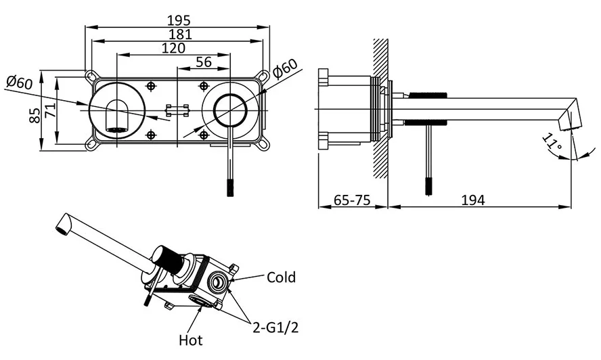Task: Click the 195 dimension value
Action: [177, 21]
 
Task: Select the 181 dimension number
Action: [177, 34]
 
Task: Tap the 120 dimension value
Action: [175, 47]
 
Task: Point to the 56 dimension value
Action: [203, 62]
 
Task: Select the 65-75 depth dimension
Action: [352, 200]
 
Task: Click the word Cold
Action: [281, 277]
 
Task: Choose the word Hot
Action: [190, 340]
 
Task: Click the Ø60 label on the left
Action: [20, 83]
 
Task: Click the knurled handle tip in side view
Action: [428, 185]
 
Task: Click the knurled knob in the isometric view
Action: [170, 261]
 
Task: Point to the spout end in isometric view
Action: [62, 224]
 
